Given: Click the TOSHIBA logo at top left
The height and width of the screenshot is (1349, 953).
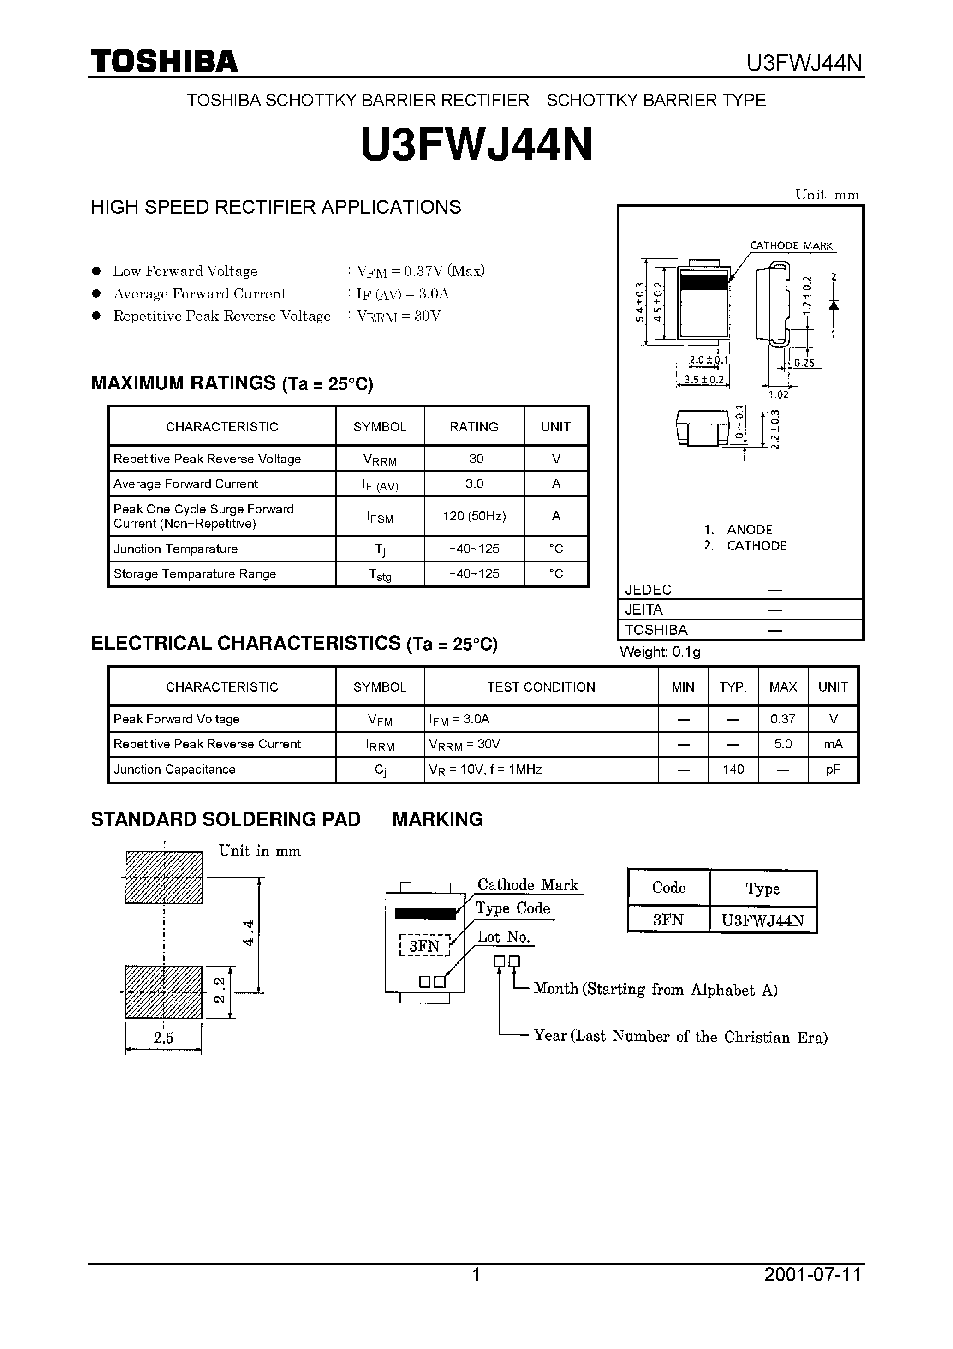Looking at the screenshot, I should pos(164,62).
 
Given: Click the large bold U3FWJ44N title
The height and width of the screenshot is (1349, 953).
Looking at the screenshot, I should pos(476,146).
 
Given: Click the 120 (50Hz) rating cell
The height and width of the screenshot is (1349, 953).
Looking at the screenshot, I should pos(474,516).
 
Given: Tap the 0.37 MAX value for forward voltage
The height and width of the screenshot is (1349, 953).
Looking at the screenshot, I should pos(783,719).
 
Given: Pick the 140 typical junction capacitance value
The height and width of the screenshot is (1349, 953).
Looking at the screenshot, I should pos(733,770).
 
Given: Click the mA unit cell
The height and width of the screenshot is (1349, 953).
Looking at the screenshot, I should pos(833,745).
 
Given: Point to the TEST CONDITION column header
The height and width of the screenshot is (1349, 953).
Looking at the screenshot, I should pos(541,687).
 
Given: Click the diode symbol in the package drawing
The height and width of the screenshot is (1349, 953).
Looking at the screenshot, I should pos(833,305).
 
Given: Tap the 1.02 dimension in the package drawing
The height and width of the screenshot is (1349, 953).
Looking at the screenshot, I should pos(779,395).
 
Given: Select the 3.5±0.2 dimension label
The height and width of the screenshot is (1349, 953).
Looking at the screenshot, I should pos(704,380).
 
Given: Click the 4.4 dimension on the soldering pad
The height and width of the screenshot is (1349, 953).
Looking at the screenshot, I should pos(249,932).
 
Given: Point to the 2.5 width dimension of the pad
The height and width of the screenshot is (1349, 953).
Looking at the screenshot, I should pos(163,1038).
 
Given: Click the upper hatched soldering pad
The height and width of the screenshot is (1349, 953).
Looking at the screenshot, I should pos(164,878).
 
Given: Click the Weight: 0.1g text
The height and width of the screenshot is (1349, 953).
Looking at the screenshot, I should pos(660,651).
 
